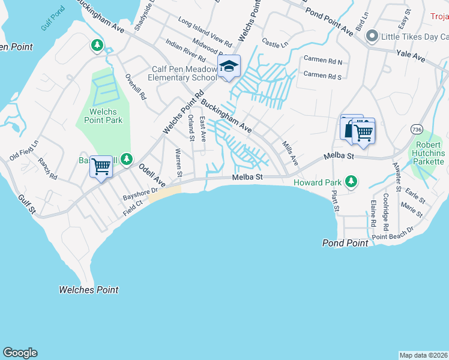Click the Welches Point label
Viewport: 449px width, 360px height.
tap(88, 290)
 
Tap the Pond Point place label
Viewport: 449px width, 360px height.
tap(345, 243)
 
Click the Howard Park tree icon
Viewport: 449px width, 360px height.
tap(351, 181)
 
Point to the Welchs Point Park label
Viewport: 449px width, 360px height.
tap(98, 116)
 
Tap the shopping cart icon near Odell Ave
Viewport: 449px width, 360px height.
tap(101, 166)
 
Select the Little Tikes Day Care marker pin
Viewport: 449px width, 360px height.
tap(372, 37)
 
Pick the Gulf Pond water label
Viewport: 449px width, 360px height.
tap(52, 26)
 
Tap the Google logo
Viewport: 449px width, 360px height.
tap(20, 353)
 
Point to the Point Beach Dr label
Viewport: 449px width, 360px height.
tap(393, 233)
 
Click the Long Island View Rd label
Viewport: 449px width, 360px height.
tap(205, 32)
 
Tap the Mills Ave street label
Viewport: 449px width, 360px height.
tap(290, 152)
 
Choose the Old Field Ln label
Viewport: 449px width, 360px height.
tap(24, 150)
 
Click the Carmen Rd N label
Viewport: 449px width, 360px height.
tap(322, 61)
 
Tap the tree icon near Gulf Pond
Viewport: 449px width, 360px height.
tap(97, 45)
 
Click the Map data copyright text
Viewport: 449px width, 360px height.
tap(423, 355)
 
